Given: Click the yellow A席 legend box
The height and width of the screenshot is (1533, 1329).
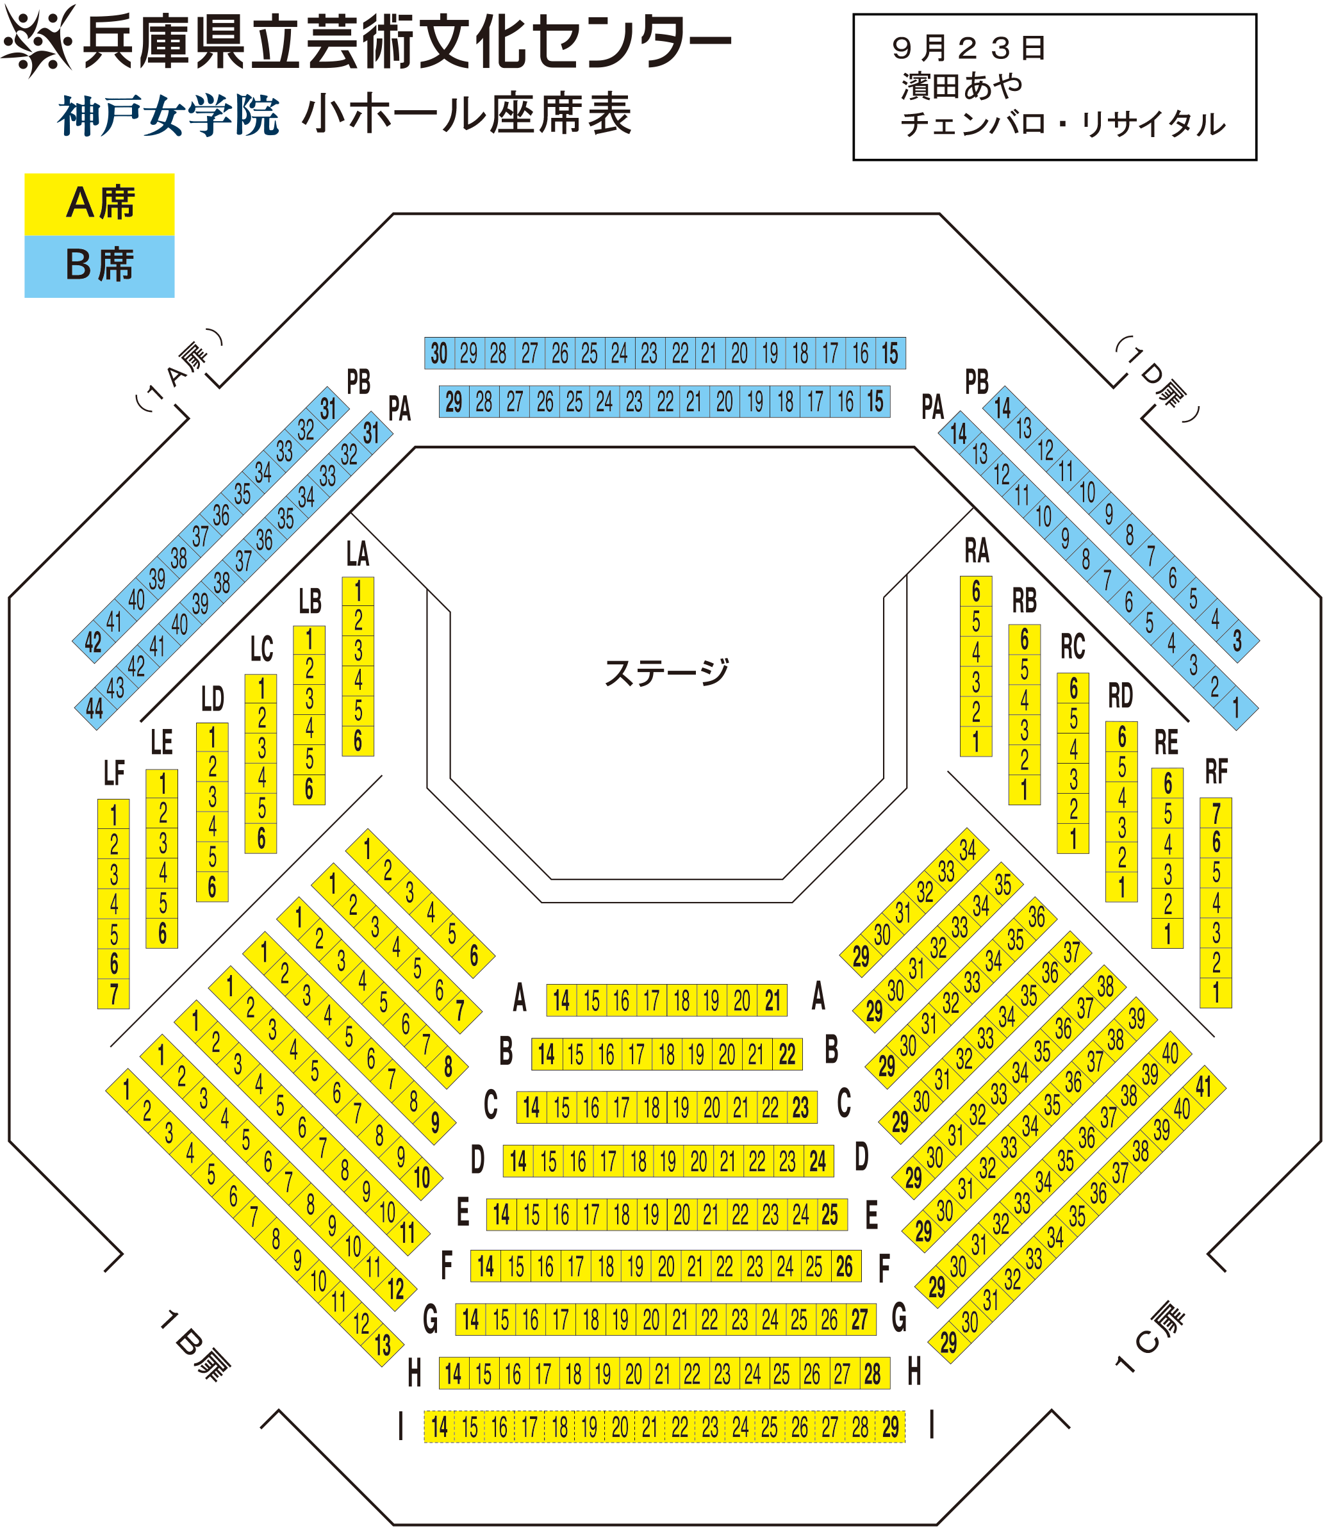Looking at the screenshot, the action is pyautogui.click(x=99, y=204).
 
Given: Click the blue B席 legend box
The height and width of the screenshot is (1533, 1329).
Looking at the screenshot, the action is pyautogui.click(x=99, y=266).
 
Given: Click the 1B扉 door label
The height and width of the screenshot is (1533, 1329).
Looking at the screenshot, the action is pyautogui.click(x=194, y=1345).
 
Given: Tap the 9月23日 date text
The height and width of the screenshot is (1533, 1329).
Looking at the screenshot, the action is pyautogui.click(x=969, y=49).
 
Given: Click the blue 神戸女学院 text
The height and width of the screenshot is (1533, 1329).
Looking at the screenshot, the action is pyautogui.click(x=169, y=117).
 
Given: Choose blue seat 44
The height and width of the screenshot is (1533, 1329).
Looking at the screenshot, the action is pyautogui.click(x=94, y=709).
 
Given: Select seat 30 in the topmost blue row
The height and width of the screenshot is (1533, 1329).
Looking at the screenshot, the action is pyautogui.click(x=439, y=354).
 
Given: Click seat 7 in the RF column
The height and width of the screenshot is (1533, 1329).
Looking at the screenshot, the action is pyautogui.click(x=1216, y=813).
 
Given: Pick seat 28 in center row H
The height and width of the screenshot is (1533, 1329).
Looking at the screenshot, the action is pyautogui.click(x=872, y=1373).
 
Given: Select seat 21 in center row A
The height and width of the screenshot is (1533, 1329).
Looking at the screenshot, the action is pyautogui.click(x=773, y=1001).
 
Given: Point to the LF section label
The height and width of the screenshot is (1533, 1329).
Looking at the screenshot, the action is pyautogui.click(x=113, y=773).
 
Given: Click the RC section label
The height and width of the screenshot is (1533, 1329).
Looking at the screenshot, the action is pyautogui.click(x=1073, y=646).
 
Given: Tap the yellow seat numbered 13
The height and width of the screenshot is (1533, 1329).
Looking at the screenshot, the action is pyautogui.click(x=383, y=1345).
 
